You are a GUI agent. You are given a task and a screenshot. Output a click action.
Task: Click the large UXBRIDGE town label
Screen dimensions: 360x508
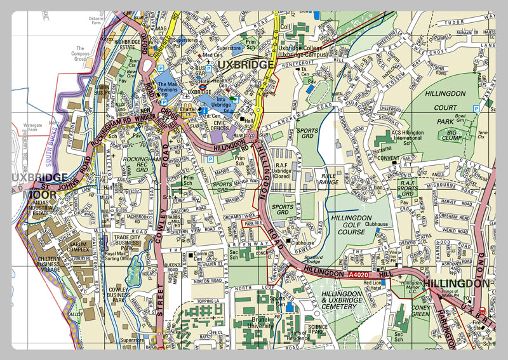[x=244, y=65]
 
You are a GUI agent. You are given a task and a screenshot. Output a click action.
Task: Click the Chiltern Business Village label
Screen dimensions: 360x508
[x=48, y=263]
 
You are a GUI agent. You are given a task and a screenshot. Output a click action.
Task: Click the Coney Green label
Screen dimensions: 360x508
[x=420, y=310]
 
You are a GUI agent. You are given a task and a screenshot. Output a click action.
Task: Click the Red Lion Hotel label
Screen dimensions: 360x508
[x=372, y=284]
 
